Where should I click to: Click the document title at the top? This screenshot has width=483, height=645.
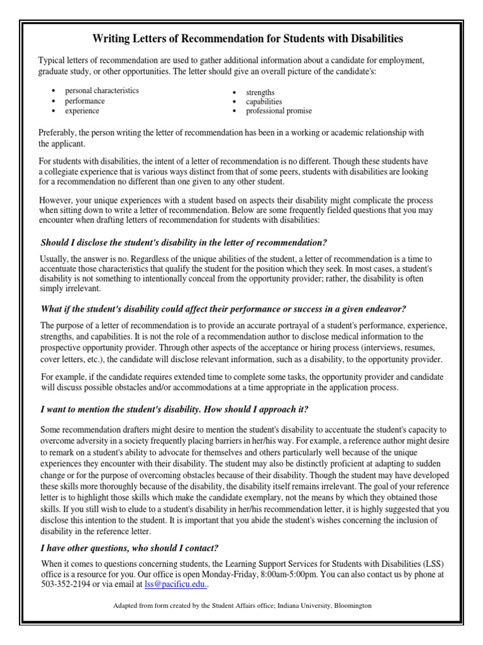[x=248, y=39]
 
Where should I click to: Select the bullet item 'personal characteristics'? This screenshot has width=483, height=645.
[x=101, y=91]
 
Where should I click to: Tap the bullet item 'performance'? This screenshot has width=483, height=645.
[x=85, y=101]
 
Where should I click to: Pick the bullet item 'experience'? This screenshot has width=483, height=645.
[x=82, y=111]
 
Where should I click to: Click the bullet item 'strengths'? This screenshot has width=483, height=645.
[x=260, y=92]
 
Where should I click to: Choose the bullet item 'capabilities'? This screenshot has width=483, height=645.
[x=264, y=101]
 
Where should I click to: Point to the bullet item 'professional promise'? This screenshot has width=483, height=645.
[x=279, y=111]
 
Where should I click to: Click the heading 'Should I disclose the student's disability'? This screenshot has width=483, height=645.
[x=184, y=243]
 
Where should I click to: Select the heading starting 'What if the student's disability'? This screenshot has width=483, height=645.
[x=223, y=309]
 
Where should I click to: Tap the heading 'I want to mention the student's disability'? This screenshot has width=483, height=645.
[x=174, y=409]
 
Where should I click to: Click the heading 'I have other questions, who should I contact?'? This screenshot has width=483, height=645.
[x=130, y=547]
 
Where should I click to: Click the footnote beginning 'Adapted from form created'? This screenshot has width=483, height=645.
[x=242, y=605]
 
